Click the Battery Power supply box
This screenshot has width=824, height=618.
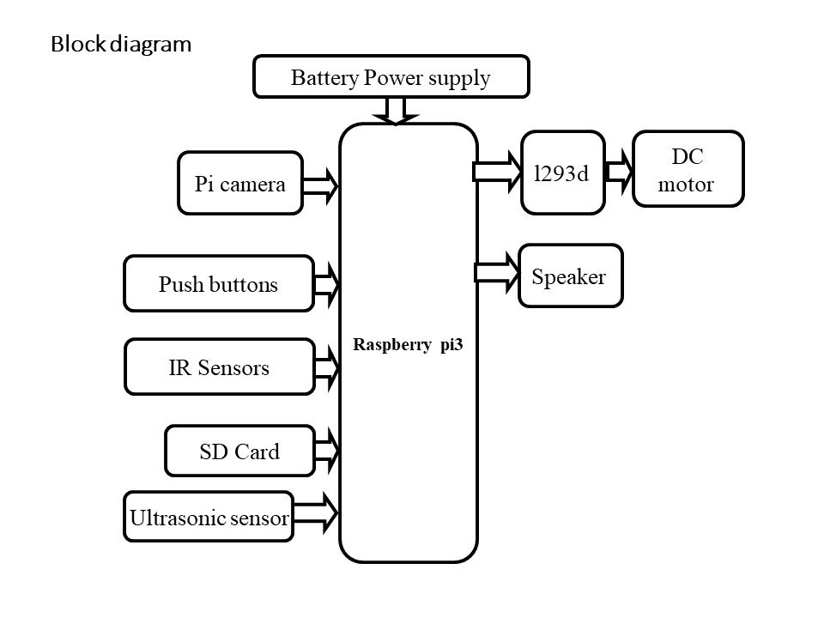(x=391, y=77)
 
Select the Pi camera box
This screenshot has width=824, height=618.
(x=240, y=183)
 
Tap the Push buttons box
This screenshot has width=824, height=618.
(x=219, y=283)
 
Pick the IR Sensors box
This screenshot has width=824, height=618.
(x=220, y=367)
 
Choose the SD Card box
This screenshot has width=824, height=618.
(x=239, y=451)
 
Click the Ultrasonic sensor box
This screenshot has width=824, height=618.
(x=209, y=517)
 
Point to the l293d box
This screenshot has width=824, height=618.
(x=562, y=173)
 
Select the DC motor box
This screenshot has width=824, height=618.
(x=688, y=168)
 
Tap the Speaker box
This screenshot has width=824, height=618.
(x=570, y=276)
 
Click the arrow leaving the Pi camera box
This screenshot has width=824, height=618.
(x=321, y=185)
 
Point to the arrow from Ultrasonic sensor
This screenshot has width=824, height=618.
(x=317, y=514)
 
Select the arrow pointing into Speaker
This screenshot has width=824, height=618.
(x=497, y=272)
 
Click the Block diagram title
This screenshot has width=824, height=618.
(x=121, y=44)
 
